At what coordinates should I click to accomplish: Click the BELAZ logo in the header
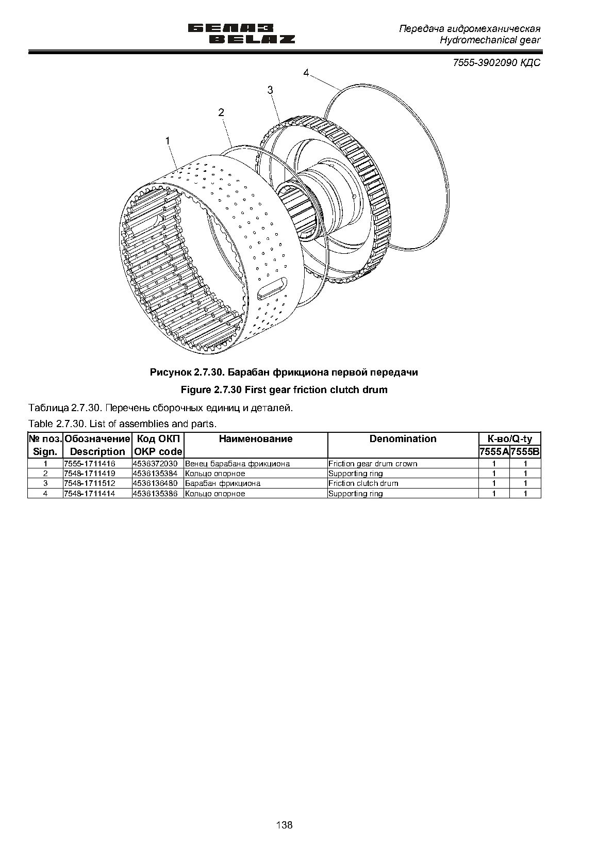(241, 34)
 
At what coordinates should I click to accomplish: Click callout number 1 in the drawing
(168, 141)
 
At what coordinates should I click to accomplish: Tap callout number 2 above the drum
(221, 112)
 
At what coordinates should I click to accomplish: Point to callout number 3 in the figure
(270, 90)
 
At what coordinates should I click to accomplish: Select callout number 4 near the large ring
(306, 73)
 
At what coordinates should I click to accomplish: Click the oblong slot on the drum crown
(272, 288)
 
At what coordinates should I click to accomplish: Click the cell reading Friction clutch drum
(363, 483)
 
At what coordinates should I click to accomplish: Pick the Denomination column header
(403, 438)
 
